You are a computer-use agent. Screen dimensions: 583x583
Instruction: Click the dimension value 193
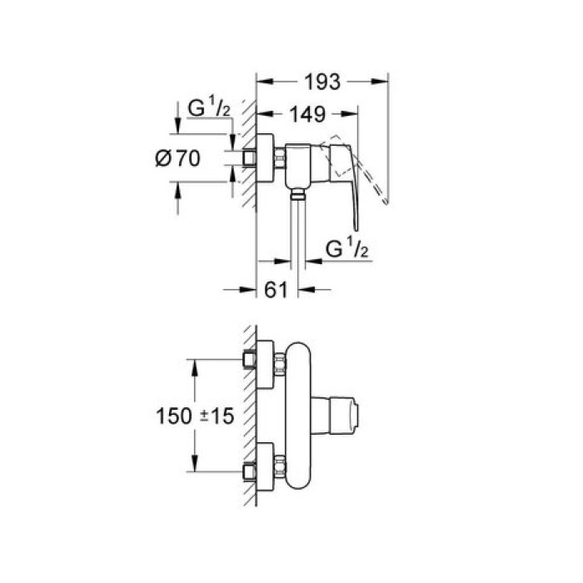tap(322, 82)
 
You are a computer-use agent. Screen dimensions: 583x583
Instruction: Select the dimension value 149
tap(308, 112)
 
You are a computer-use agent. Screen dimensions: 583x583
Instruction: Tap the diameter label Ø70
tap(178, 158)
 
